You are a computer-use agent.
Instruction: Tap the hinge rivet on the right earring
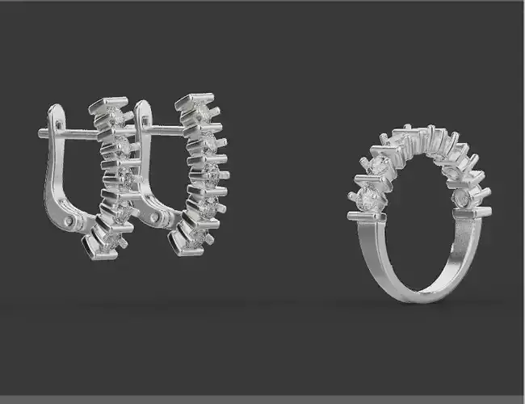(x=155, y=217)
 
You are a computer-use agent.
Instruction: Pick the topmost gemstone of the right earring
(x=202, y=113)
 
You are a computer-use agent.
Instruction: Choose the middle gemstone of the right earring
(x=209, y=174)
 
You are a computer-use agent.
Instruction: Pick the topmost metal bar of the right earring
(x=194, y=99)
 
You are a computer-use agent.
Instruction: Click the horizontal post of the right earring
(x=166, y=129)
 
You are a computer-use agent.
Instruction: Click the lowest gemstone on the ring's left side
(x=367, y=199)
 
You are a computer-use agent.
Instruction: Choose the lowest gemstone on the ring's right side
(x=463, y=197)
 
